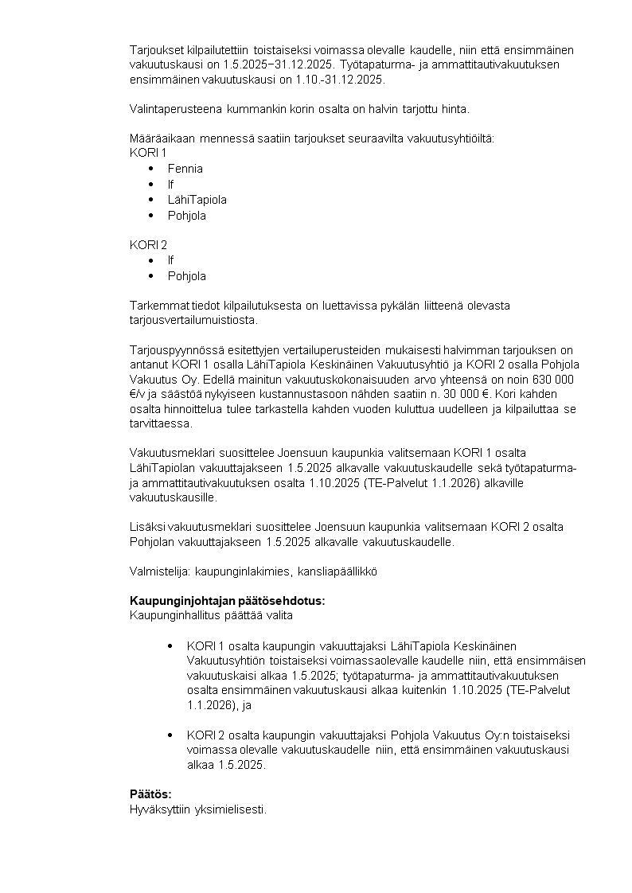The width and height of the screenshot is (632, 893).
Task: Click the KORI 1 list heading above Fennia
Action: point(148,153)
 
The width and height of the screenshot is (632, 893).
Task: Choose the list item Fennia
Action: point(185,169)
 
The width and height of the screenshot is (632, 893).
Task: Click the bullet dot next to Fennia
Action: point(151,169)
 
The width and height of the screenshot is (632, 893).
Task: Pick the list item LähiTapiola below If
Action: point(197,200)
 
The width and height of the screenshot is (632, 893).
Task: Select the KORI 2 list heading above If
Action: point(148,245)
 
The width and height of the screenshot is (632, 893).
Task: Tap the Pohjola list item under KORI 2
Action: point(186,276)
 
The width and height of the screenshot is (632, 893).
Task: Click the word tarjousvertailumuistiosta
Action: point(193,321)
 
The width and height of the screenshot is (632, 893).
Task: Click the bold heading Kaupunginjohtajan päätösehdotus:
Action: point(227,601)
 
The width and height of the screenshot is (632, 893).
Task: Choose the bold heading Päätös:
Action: point(150,794)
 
